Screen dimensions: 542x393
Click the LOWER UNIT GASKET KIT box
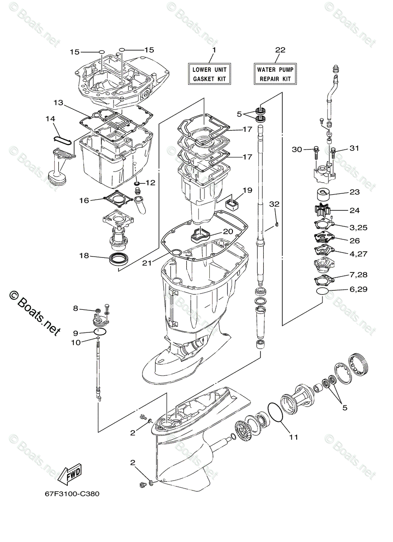click(209, 75)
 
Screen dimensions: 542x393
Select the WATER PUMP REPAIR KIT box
click(275, 75)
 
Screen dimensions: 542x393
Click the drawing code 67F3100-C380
click(66, 494)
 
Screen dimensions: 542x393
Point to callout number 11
click(294, 437)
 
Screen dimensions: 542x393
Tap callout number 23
click(355, 192)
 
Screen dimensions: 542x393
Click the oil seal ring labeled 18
click(119, 260)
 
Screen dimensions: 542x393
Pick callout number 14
click(50, 119)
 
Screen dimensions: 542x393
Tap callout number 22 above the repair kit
click(280, 50)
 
